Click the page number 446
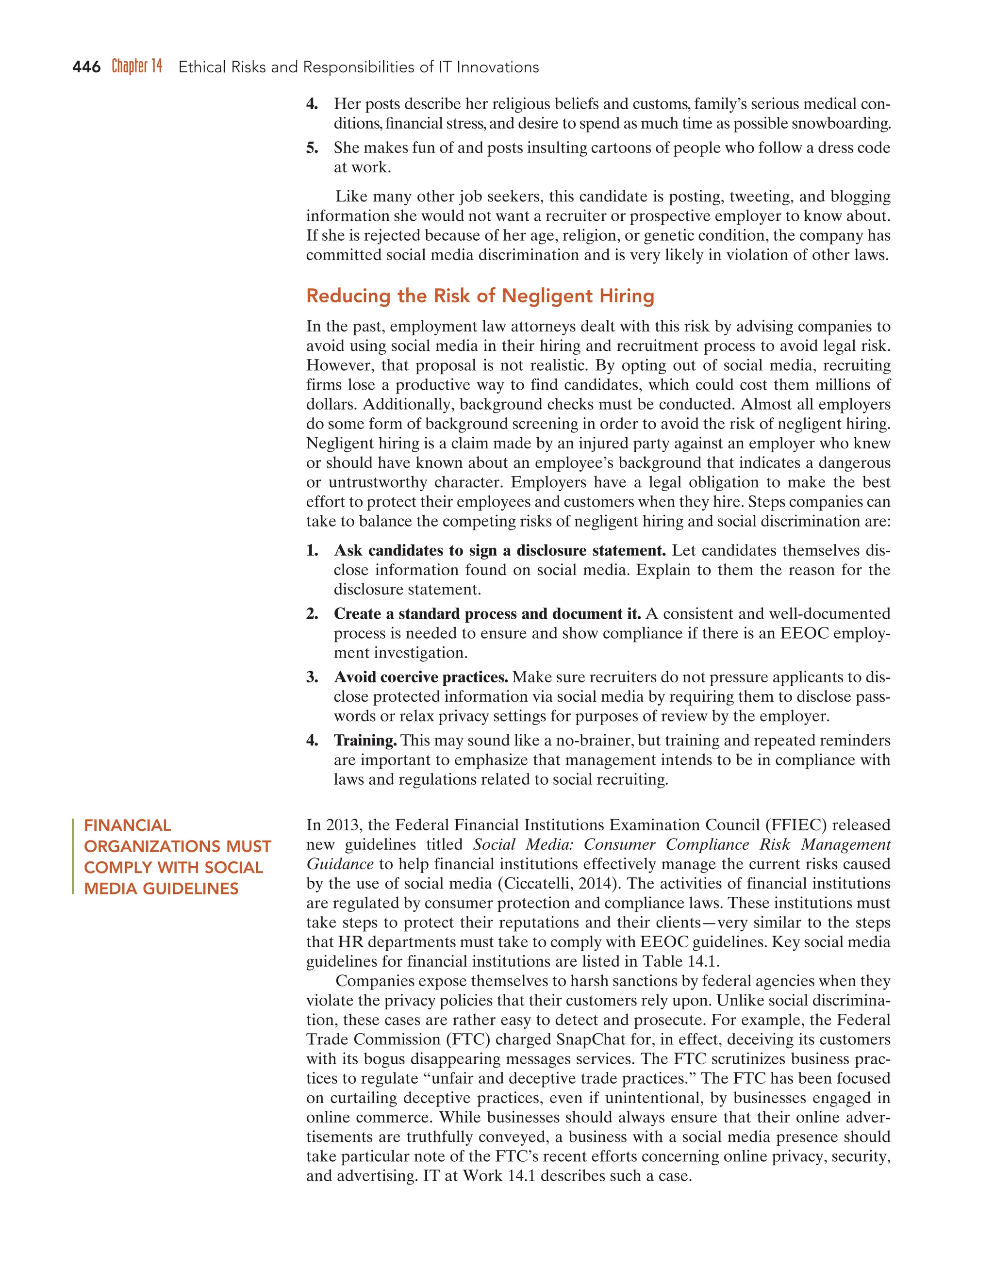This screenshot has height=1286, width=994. coord(86,67)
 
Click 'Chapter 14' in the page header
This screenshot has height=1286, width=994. coord(136,66)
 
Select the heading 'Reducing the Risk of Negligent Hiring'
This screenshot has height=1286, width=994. coord(480,296)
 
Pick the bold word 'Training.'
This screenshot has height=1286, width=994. coord(365,740)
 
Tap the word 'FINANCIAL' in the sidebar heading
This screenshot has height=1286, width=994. coord(127,825)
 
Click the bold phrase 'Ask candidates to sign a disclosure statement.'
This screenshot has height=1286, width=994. coord(499,551)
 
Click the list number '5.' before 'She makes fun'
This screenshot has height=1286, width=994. coord(312,148)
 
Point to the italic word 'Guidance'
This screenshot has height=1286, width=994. coord(340,864)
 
